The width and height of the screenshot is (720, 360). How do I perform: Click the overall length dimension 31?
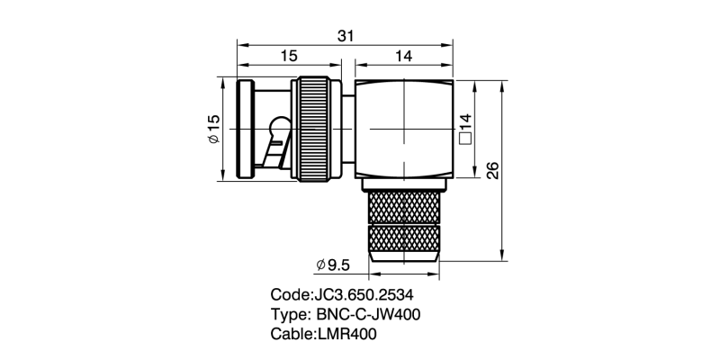pos(346,36)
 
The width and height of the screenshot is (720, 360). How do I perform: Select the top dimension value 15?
pos(289,56)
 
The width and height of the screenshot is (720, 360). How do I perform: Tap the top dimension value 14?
pos(403,56)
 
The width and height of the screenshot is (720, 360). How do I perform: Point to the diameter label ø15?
pos(214,129)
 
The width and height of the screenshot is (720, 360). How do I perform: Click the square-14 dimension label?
pos(465,130)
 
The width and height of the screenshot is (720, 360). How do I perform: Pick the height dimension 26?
pos(492,171)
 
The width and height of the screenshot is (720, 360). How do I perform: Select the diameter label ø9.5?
pos(333,265)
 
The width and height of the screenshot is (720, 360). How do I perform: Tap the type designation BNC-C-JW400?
pos(368,314)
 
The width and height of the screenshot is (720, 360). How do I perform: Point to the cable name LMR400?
pos(346,334)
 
